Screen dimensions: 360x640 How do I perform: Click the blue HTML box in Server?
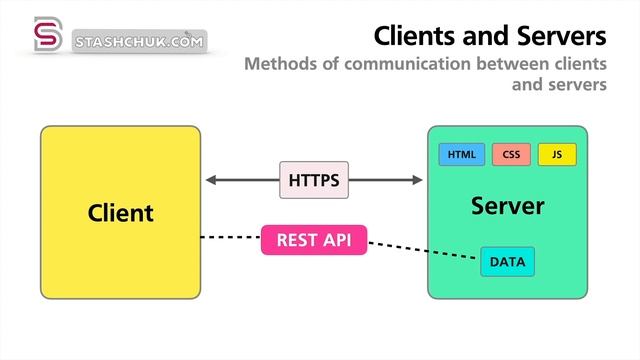pos(461,155)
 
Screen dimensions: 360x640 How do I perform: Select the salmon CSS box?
pos(511,155)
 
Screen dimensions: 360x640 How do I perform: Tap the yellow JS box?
pos(557,155)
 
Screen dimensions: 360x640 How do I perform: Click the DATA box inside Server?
pos(507,262)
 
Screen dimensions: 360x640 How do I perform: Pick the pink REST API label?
pos(314,240)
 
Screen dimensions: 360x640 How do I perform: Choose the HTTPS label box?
pos(314,181)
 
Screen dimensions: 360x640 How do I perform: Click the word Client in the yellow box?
pos(120,212)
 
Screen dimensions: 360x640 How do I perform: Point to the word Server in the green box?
pos(507,207)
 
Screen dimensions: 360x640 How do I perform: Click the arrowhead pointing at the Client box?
pos(211,181)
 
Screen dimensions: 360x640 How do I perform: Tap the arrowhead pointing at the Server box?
pos(417,181)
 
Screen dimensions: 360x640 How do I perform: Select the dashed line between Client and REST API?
pos(230,238)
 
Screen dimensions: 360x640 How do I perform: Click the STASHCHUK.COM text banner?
pos(140,41)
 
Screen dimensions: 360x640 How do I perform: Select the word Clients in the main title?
pos(415,36)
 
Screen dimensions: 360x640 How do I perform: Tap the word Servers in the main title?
pos(561,36)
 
